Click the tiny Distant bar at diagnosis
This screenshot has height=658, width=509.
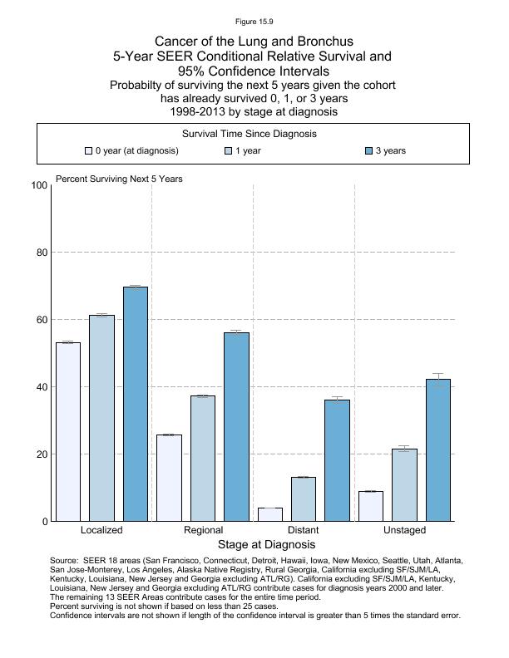point(270,514)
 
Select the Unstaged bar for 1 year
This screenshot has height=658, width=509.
point(404,485)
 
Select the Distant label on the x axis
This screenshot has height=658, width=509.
point(303,530)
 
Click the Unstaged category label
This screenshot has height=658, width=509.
point(404,530)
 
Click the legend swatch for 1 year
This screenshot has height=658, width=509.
point(228,151)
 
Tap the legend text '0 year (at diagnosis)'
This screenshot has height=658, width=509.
point(137,151)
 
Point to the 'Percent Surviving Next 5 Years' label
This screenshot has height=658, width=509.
point(119,179)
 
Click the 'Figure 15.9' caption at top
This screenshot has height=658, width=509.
point(254,21)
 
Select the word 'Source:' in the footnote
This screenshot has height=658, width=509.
point(66,561)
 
